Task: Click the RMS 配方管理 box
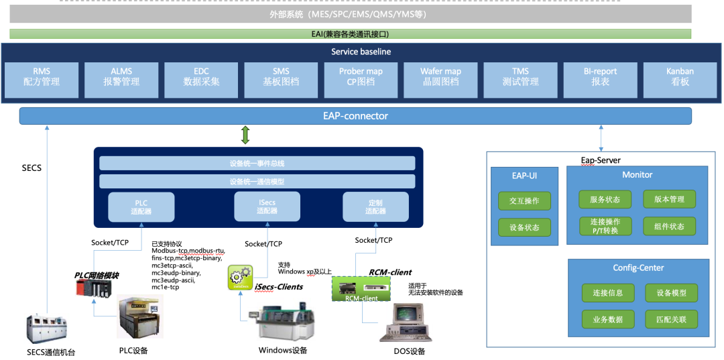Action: coord(42,76)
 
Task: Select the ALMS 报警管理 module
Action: coord(121,76)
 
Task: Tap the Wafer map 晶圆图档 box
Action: coord(440,76)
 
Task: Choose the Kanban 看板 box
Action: coord(680,76)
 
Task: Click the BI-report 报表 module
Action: coord(600,76)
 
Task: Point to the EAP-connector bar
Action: coord(355,116)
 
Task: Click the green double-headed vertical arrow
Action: coord(245,135)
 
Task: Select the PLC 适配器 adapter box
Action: coord(141,207)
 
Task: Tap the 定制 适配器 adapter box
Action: coord(375,207)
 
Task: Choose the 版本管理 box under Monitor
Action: coord(669,199)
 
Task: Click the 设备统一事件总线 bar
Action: coord(257,163)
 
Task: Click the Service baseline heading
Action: coord(361,52)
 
